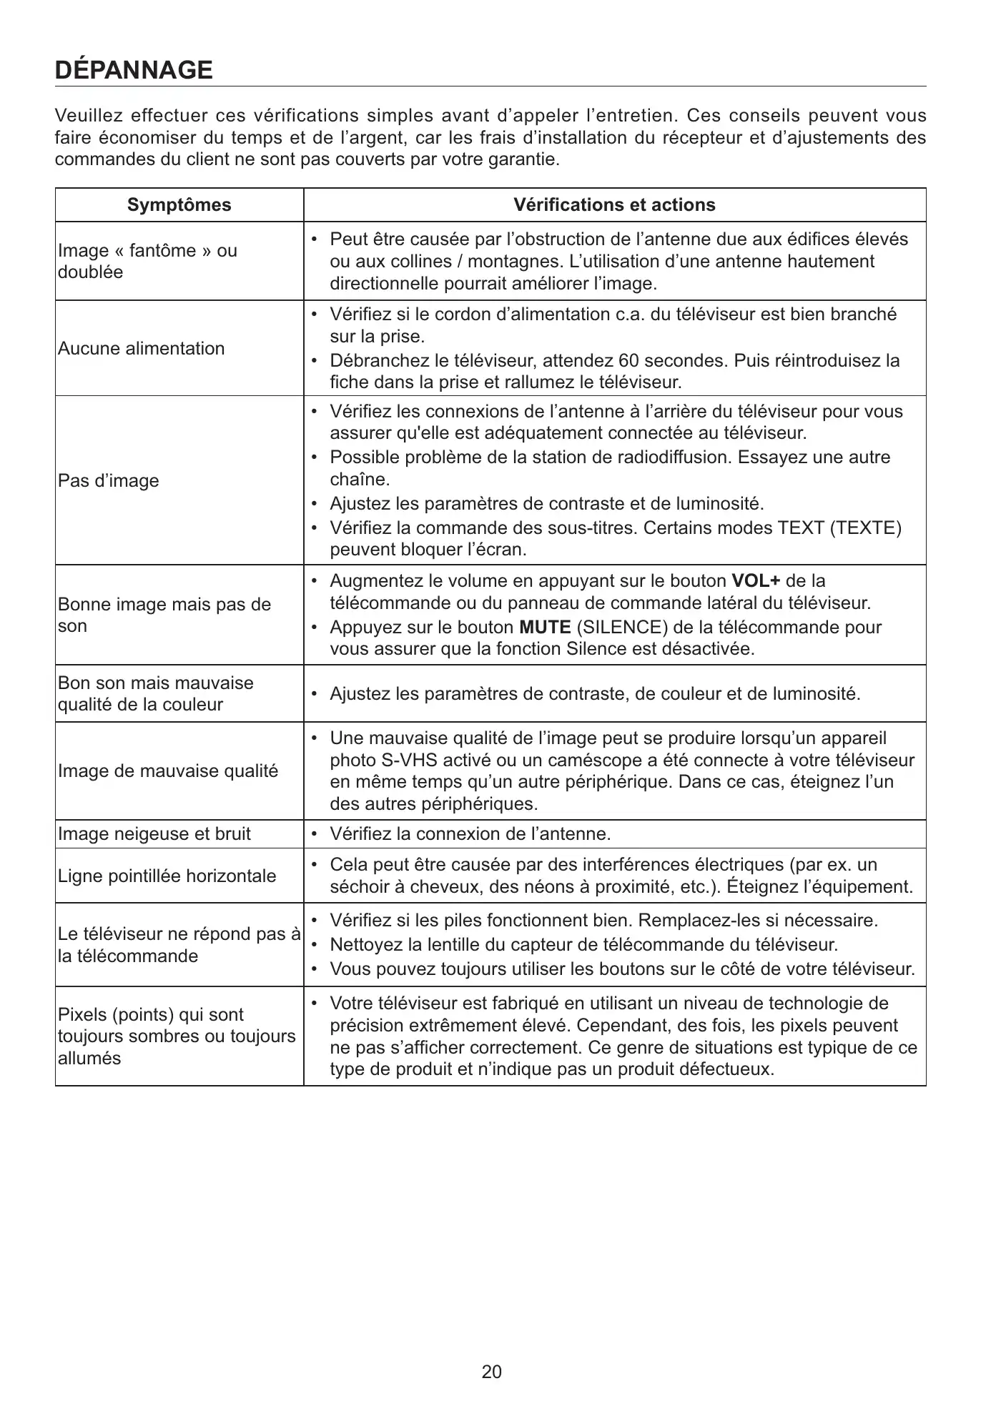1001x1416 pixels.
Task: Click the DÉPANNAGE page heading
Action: click(134, 70)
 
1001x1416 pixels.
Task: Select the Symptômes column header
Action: click(179, 205)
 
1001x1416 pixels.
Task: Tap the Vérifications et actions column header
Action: click(614, 205)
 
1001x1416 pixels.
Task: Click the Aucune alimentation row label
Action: click(141, 349)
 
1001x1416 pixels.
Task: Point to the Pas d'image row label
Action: click(109, 481)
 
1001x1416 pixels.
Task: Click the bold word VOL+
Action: click(756, 581)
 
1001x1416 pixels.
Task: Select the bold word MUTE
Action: click(544, 628)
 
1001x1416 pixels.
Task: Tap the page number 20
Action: click(492, 1372)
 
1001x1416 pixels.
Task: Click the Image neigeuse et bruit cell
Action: click(154, 834)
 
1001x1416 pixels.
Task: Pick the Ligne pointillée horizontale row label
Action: click(167, 876)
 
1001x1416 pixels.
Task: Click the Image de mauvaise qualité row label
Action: click(168, 771)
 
